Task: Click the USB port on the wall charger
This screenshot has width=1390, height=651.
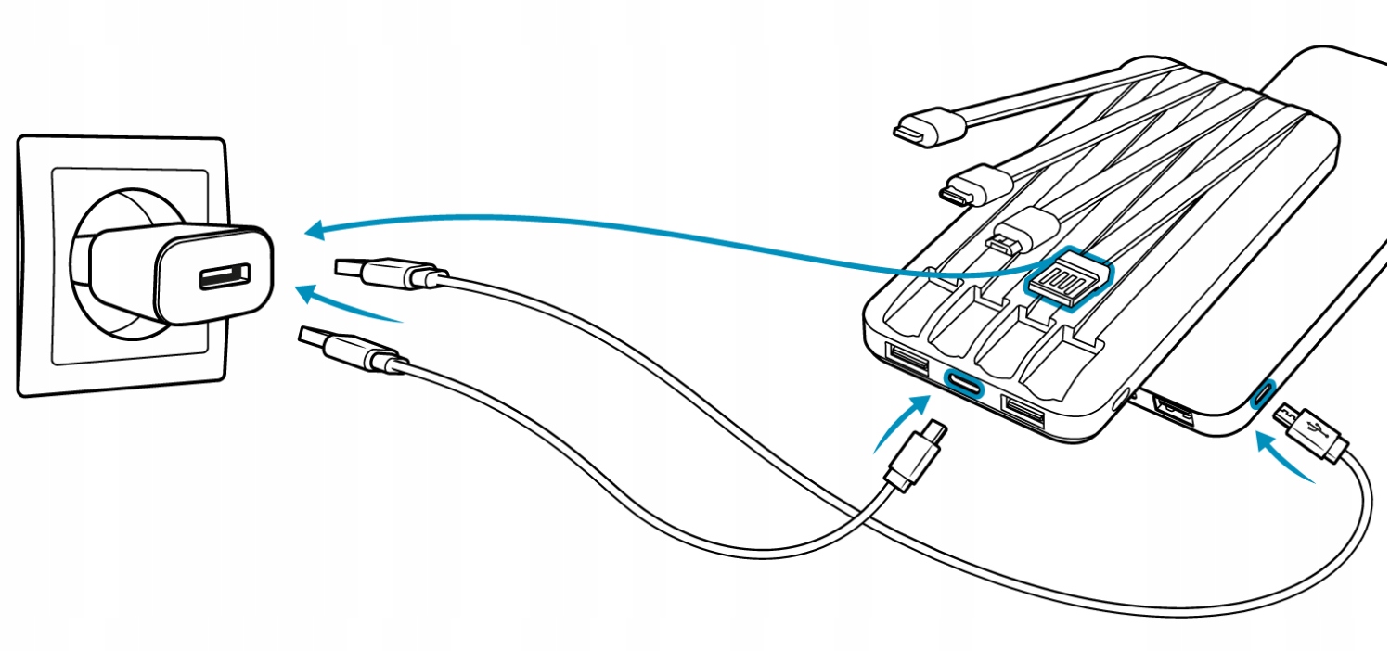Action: coord(225,276)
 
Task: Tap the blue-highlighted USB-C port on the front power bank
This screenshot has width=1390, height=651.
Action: coord(962,381)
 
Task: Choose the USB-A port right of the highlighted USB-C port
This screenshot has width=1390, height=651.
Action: coord(1023,411)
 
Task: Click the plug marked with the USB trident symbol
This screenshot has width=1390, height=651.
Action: coord(1311,428)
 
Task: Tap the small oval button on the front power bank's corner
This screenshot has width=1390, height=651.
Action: coord(1122,400)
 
